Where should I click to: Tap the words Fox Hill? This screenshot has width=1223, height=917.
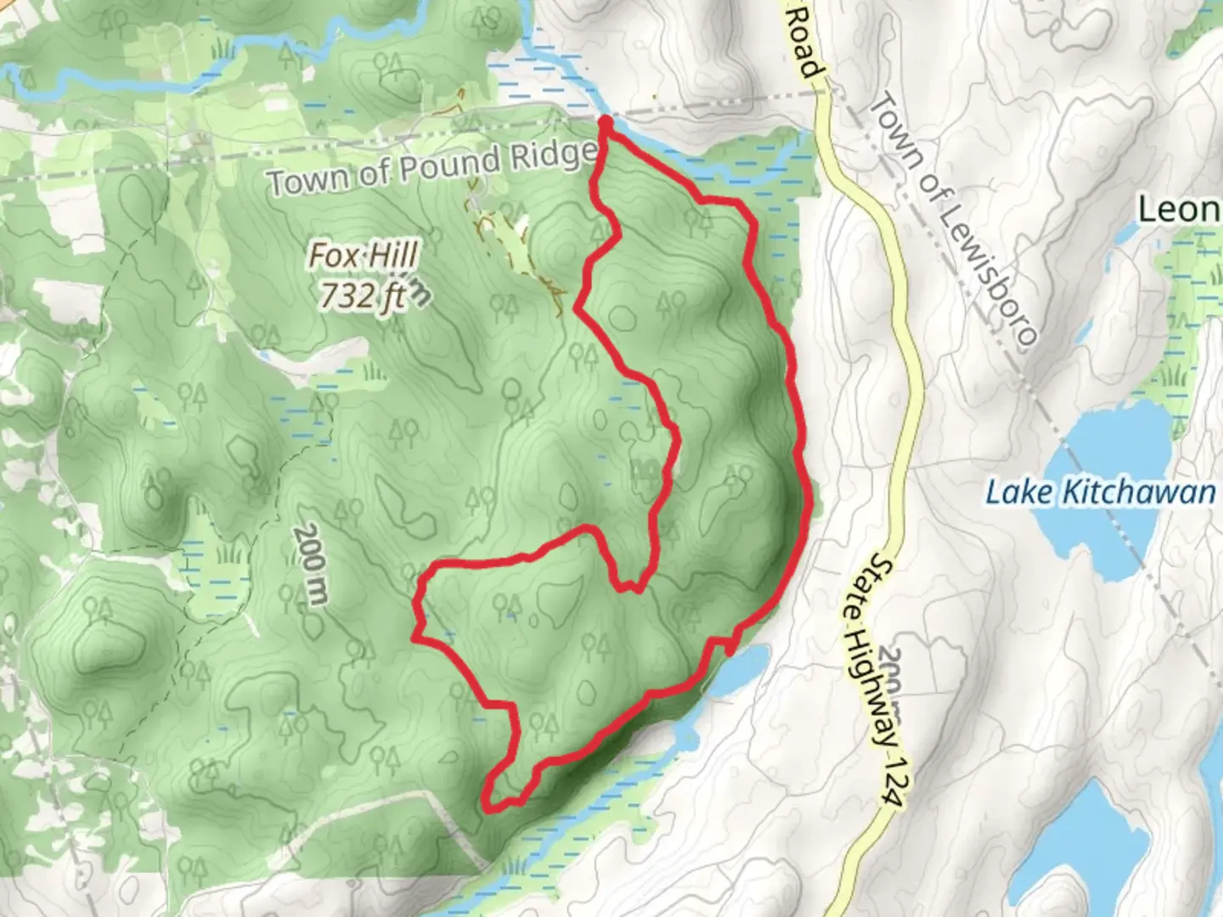[x=363, y=255]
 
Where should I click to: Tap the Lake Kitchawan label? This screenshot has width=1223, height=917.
[x=1100, y=492]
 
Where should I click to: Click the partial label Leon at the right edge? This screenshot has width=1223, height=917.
[x=1179, y=209]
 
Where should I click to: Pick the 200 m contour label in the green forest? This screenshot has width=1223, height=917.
[x=310, y=565]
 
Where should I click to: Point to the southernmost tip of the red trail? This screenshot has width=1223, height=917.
[x=490, y=807]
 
